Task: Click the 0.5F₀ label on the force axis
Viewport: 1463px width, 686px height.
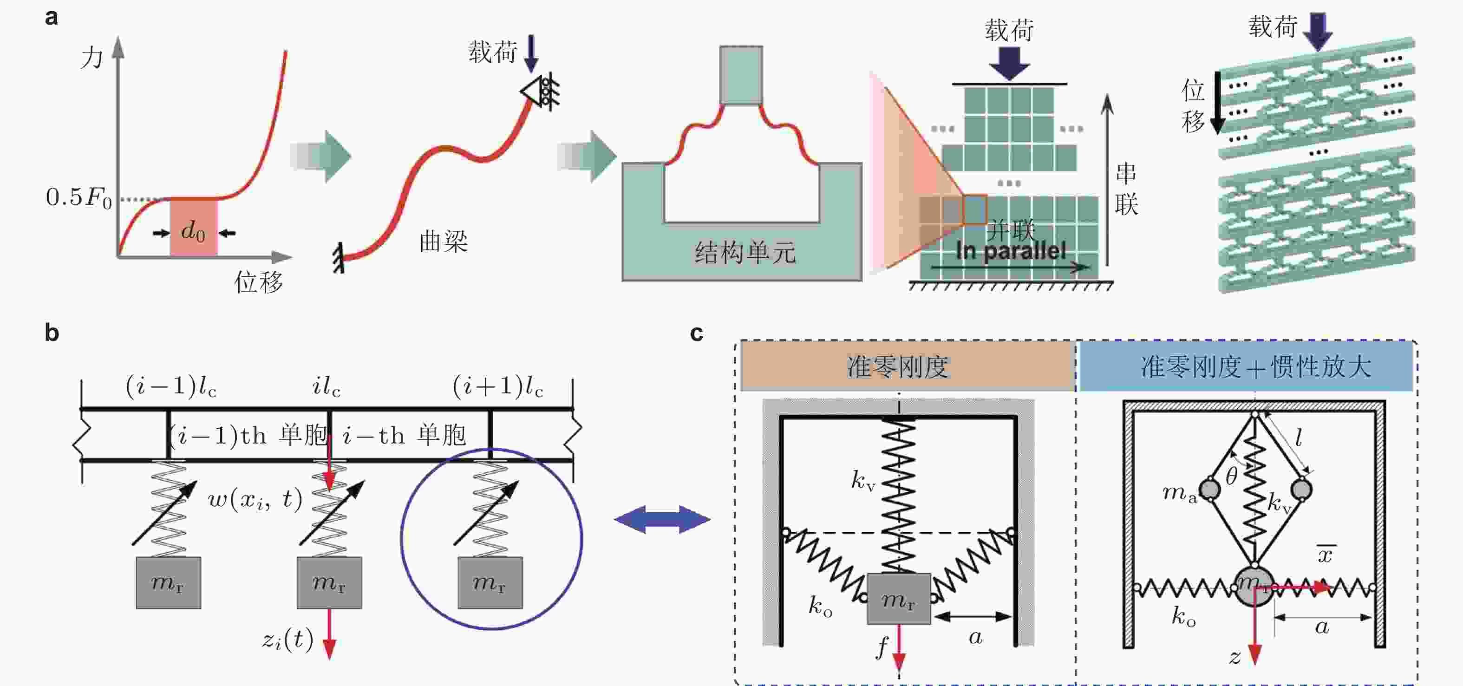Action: (79, 197)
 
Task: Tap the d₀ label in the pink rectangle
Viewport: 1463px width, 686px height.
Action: (193, 231)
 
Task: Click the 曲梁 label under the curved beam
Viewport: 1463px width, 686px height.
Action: (443, 242)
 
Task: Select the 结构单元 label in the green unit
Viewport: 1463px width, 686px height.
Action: (745, 252)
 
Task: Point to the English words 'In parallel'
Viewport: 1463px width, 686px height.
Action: (1011, 251)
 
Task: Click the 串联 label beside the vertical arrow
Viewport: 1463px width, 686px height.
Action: (1126, 189)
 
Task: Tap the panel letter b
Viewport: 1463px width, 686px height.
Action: (52, 333)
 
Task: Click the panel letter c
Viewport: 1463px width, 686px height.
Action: (696, 333)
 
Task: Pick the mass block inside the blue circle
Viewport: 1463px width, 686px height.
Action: (490, 582)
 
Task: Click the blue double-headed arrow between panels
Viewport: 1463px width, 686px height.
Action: (662, 519)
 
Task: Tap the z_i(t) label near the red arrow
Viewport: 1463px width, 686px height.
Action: (287, 640)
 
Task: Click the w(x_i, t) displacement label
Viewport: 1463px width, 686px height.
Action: (255, 499)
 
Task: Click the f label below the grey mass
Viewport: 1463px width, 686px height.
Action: (882, 646)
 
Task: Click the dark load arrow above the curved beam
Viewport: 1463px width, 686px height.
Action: (531, 53)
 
